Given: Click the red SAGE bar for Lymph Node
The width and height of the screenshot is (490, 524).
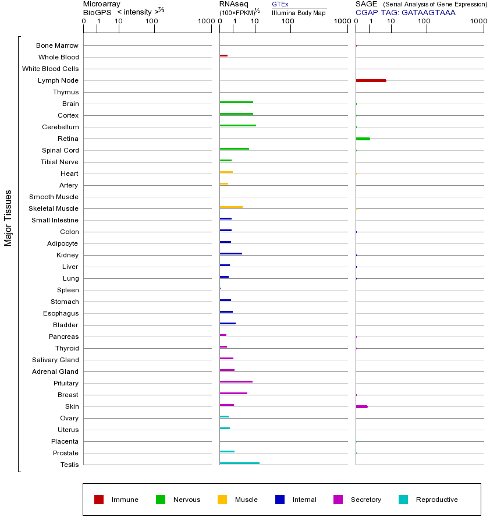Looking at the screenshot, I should pyautogui.click(x=371, y=80).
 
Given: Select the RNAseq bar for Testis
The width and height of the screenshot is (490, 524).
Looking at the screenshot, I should pyautogui.click(x=239, y=463).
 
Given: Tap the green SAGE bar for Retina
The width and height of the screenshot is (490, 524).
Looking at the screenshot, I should pyautogui.click(x=363, y=139).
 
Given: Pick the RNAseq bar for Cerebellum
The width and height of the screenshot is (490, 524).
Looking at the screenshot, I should pyautogui.click(x=237, y=125).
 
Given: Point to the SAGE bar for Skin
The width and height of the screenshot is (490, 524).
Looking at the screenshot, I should pyautogui.click(x=361, y=406).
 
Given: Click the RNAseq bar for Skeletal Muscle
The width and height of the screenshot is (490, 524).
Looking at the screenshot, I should pyautogui.click(x=231, y=207).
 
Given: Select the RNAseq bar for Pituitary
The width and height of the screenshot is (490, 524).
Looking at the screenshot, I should pyautogui.click(x=236, y=381).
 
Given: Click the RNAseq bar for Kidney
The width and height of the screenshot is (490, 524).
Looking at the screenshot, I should pyautogui.click(x=230, y=253).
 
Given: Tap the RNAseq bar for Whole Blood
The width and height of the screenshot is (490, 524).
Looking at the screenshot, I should pyautogui.click(x=223, y=55).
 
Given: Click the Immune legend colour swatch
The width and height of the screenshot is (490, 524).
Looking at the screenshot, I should pyautogui.click(x=99, y=500).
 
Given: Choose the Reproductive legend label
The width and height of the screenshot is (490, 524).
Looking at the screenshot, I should pyautogui.click(x=436, y=500).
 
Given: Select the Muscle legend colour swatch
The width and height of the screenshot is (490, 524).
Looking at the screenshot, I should pyautogui.click(x=222, y=500).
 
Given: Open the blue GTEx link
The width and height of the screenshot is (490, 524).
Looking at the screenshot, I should pyautogui.click(x=280, y=4).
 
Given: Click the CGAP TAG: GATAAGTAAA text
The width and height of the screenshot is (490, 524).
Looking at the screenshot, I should pyautogui.click(x=406, y=12).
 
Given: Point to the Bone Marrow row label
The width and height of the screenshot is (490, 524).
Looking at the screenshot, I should pyautogui.click(x=57, y=45).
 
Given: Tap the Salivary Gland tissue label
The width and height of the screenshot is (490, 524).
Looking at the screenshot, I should pyautogui.click(x=55, y=360).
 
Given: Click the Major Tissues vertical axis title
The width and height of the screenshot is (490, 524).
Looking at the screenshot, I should pyautogui.click(x=8, y=218).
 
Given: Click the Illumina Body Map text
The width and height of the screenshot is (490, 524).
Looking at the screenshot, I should pyautogui.click(x=299, y=13).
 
